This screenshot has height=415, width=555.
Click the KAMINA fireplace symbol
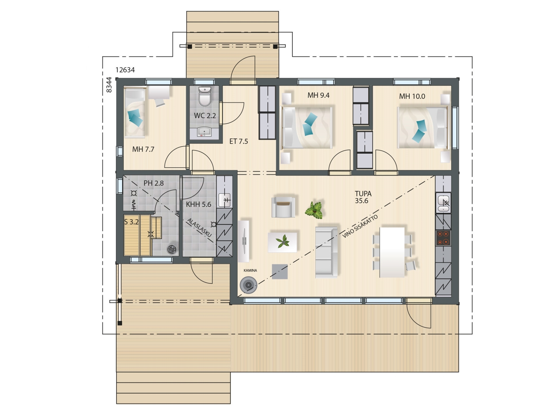248,285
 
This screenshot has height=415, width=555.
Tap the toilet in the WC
205,96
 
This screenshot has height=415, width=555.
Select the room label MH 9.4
318,95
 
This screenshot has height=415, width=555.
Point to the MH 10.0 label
412,96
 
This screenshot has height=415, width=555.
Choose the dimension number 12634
125,70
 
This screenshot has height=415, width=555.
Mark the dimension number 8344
109,85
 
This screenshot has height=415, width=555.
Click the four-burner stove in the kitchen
443,238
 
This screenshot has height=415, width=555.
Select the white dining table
392,252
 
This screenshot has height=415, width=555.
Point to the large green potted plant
314,209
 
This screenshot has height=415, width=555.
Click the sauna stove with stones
172,249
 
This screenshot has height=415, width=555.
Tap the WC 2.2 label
205,116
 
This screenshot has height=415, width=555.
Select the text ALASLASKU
199,227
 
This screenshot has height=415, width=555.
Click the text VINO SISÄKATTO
360,226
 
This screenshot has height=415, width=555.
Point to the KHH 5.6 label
198,204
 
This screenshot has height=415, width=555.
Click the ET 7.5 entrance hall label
239,141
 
